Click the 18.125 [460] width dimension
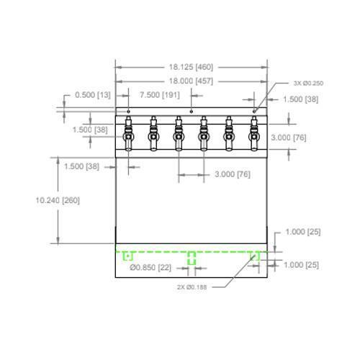[x=191, y=67]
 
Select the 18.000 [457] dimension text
[x=191, y=81]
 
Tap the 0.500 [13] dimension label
[x=93, y=95]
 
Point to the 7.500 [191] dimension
[x=160, y=95]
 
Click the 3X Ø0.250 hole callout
[x=308, y=84]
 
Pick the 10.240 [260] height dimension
[x=58, y=200]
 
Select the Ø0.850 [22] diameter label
[x=150, y=267]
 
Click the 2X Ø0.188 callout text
[x=192, y=287]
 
